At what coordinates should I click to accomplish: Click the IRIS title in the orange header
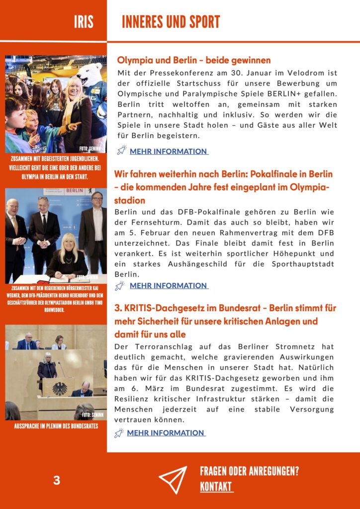point(83,22)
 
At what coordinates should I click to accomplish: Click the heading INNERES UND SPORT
point(171,22)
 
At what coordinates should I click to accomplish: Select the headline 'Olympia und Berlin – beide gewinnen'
point(194,60)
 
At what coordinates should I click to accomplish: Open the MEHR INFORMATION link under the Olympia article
point(168,151)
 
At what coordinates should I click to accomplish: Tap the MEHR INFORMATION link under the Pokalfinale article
point(168,285)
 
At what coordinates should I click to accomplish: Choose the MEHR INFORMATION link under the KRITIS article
point(166,432)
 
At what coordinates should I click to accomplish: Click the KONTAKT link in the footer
point(216,487)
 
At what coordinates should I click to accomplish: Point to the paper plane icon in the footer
point(173,480)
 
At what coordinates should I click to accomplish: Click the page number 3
point(57,481)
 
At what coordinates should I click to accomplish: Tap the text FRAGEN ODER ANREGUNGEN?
point(249,471)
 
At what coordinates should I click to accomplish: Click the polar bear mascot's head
point(90,73)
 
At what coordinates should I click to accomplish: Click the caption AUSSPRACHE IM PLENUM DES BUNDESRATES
point(56,426)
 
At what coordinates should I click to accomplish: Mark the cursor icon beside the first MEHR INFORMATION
point(121,150)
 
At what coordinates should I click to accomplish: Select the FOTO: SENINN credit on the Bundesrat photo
point(92,414)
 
